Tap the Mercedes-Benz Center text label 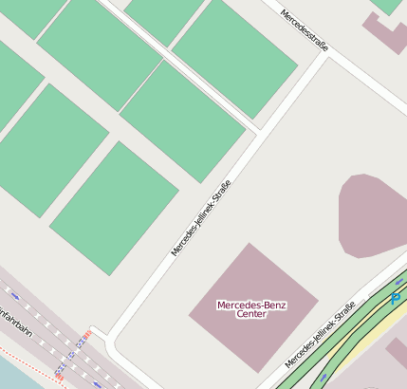(x=251, y=309)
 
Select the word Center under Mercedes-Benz (x=251, y=314)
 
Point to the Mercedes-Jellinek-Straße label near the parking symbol (x=321, y=335)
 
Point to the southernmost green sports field (x=114, y=209)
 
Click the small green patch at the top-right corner (x=387, y=5)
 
